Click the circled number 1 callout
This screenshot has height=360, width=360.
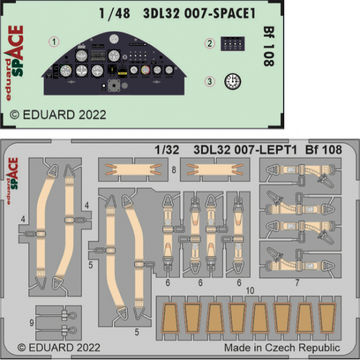tap(55, 42)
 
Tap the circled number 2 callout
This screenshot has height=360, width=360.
tap(209, 44)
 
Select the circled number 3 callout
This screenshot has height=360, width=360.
tap(209, 81)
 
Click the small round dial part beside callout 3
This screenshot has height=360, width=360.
tap(234, 81)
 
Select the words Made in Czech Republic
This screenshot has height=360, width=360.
tap(282, 348)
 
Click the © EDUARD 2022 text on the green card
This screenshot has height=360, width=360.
tap(58, 116)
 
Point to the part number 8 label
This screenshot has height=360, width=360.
tap(172, 171)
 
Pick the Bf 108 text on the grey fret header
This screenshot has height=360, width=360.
tap(323, 150)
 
